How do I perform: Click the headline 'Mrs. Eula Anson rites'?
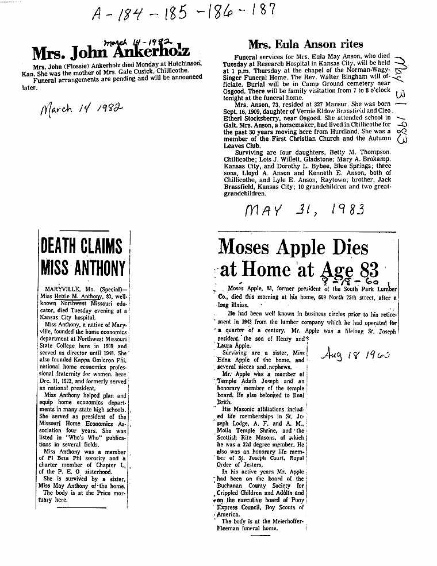pos(305,44)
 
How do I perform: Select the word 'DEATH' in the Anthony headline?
pos(58,247)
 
